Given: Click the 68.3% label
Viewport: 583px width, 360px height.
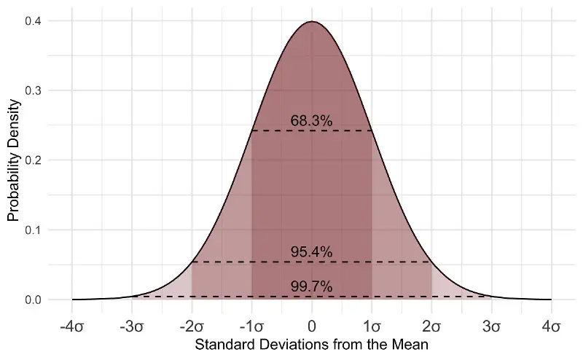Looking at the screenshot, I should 311,122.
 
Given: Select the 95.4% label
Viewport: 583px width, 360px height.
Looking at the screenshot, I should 311,252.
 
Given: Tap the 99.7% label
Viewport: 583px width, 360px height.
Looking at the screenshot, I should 311,287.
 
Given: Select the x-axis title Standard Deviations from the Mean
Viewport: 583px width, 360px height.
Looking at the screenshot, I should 311,343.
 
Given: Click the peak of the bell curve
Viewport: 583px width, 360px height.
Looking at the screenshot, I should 312,22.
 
